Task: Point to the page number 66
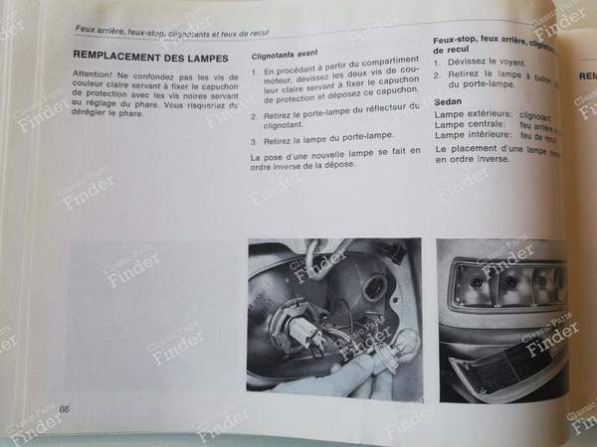66,410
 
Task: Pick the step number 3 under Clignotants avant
255,141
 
